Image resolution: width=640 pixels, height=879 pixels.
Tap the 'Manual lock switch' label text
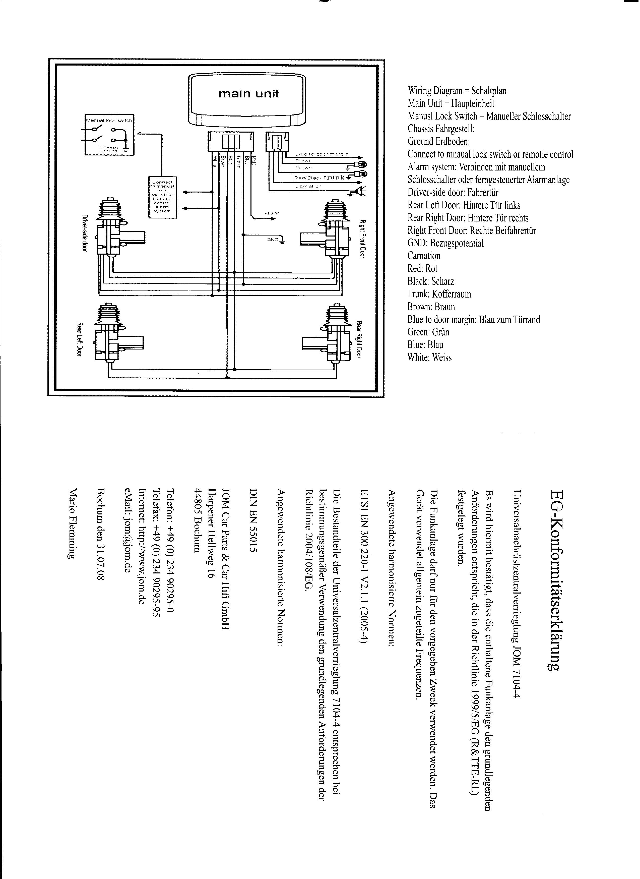[x=109, y=121]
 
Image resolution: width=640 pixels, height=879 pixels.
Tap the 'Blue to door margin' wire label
[x=322, y=154]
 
